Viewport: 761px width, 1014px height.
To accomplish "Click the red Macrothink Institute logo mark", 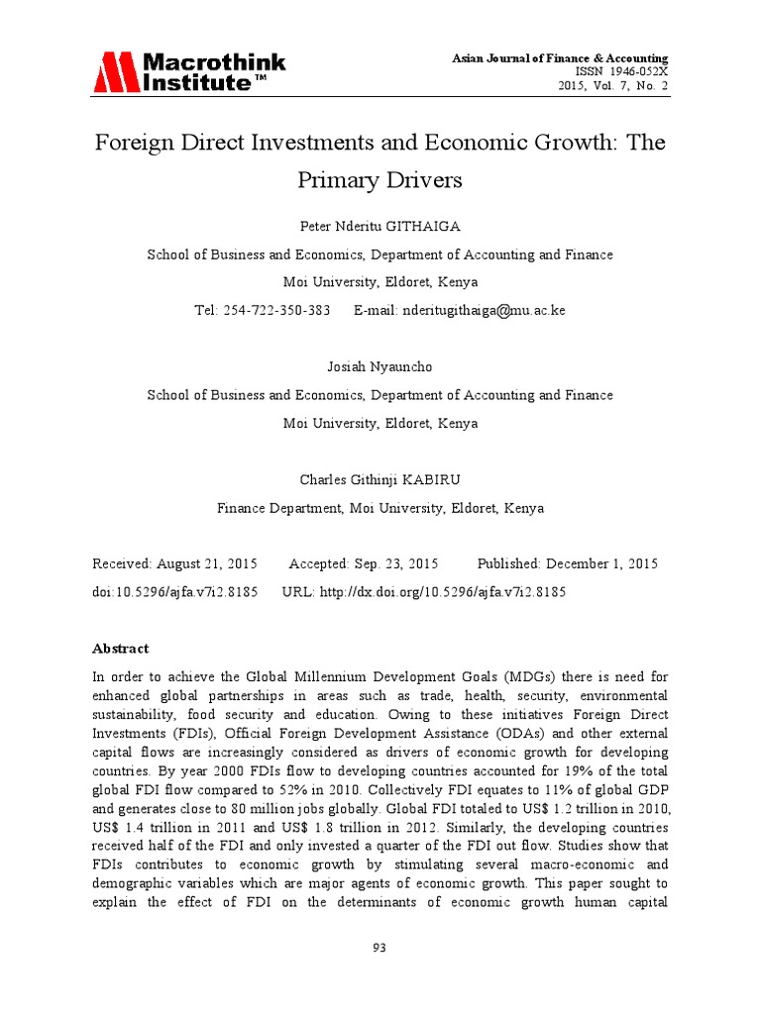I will pos(117,71).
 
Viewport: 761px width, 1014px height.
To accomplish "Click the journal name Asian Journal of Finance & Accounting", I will pos(560,58).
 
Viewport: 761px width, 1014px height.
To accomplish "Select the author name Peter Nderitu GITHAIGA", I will pos(380,227).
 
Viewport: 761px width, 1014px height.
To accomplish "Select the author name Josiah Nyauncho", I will pos(380,367).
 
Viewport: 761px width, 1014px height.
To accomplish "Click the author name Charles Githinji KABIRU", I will pos(380,480).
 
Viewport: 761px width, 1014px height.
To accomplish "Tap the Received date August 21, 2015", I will pos(206,563).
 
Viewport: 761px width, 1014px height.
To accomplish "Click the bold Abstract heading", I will pos(120,649).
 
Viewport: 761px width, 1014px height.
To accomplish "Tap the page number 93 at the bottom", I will pos(380,948).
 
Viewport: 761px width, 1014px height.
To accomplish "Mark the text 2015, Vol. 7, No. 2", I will pos(613,86).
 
